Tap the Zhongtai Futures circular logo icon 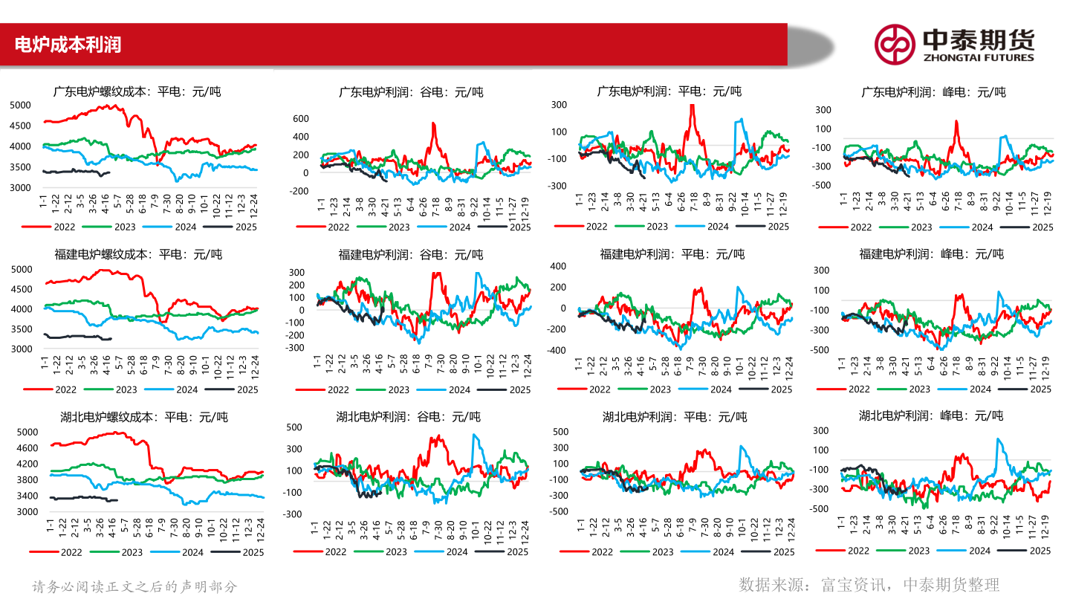(x=895, y=44)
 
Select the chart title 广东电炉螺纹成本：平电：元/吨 (x=137, y=92)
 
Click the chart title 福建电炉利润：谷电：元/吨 (x=411, y=254)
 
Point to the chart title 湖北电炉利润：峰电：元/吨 (x=931, y=415)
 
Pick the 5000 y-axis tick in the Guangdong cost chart (x=20, y=105)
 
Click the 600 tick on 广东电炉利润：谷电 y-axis (x=300, y=119)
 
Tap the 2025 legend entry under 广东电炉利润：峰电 (x=1043, y=227)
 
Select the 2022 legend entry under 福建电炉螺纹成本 (x=65, y=389)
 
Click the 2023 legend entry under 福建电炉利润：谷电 (x=398, y=389)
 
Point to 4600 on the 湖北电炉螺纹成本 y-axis (x=27, y=448)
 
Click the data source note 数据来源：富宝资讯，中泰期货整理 (x=869, y=585)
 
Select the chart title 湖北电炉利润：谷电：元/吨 (x=409, y=416)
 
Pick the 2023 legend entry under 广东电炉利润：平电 (x=657, y=227)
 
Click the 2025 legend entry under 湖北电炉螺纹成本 (x=253, y=552)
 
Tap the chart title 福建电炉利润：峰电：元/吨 (x=932, y=254)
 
